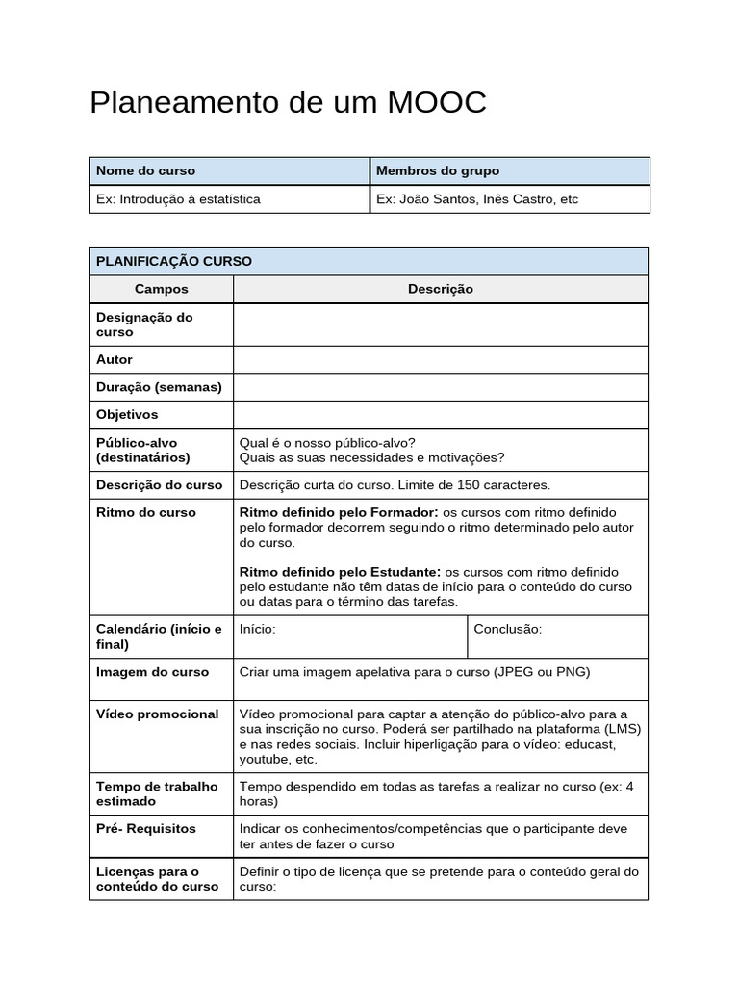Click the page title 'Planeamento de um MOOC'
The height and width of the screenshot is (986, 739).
tap(288, 103)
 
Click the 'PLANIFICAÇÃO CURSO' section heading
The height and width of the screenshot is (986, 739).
tap(173, 261)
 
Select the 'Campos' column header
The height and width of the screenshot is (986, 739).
tap(162, 289)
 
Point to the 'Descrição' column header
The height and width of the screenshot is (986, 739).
tap(440, 289)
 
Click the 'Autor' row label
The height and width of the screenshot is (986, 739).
tap(115, 359)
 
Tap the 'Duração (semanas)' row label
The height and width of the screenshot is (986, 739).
tap(159, 387)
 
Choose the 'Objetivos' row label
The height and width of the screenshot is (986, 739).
tap(127, 414)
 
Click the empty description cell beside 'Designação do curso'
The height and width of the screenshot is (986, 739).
tap(440, 324)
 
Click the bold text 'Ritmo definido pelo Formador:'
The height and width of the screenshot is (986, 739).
tap(339, 512)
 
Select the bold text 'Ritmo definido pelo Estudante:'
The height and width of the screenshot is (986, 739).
tap(342, 571)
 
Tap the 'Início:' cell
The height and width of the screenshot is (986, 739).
tap(258, 629)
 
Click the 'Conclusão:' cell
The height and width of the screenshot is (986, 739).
tap(509, 629)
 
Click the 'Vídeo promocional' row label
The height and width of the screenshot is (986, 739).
tap(157, 714)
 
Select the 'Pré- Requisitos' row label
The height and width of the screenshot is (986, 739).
tap(146, 828)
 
